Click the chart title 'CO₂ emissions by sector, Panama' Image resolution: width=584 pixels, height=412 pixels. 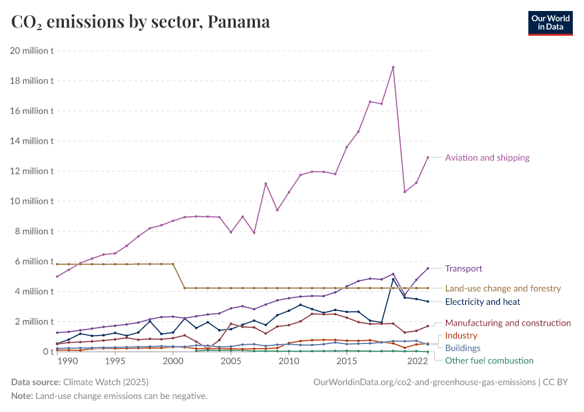(x=141, y=22)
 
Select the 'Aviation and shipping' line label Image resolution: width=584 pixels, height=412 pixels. (x=487, y=158)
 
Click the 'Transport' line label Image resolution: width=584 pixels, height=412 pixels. (x=463, y=268)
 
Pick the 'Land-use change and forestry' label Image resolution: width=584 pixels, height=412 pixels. (x=503, y=288)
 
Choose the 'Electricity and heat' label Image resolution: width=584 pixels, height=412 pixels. (x=482, y=301)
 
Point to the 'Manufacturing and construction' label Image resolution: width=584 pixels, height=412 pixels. (x=508, y=323)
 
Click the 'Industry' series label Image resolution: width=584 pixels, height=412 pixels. (x=461, y=336)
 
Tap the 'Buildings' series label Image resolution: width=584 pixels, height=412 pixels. (x=462, y=348)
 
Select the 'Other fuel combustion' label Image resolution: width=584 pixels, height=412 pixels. (x=489, y=360)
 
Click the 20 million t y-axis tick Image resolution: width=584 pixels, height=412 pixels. (x=32, y=50)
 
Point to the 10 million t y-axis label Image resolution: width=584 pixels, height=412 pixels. (x=32, y=201)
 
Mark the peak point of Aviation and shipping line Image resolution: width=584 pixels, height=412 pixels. (x=393, y=67)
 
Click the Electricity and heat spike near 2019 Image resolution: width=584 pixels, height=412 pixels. (x=393, y=279)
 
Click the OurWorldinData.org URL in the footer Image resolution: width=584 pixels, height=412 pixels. (x=423, y=382)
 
